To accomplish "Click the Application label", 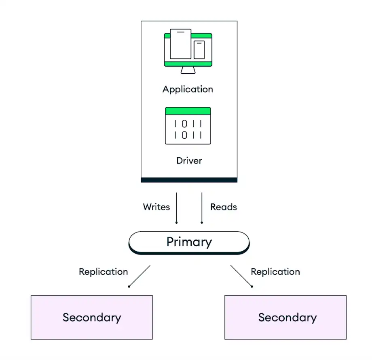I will pyautogui.click(x=188, y=89).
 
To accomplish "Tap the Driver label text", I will pyautogui.click(x=189, y=161).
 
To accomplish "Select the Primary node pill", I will pyautogui.click(x=189, y=242).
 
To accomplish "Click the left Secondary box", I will pyautogui.click(x=92, y=317).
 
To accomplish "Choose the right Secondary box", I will pyautogui.click(x=285, y=317).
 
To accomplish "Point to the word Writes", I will pyautogui.click(x=156, y=207).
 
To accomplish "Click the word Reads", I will pyautogui.click(x=223, y=207).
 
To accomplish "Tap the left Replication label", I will pyautogui.click(x=103, y=272).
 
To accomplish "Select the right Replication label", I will pyautogui.click(x=275, y=272).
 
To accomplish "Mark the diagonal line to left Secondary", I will pyautogui.click(x=139, y=276).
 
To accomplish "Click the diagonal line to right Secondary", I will pyautogui.click(x=241, y=276).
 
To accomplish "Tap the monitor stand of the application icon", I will pyautogui.click(x=188, y=70).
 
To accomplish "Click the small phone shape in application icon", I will pyautogui.click(x=199, y=50).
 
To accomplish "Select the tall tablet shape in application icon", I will pyautogui.click(x=180, y=44).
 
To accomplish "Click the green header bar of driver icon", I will pyautogui.click(x=188, y=111).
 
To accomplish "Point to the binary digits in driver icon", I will pyautogui.click(x=188, y=129).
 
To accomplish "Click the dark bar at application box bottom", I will pyautogui.click(x=189, y=180).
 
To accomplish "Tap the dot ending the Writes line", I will pyautogui.click(x=176, y=222).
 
